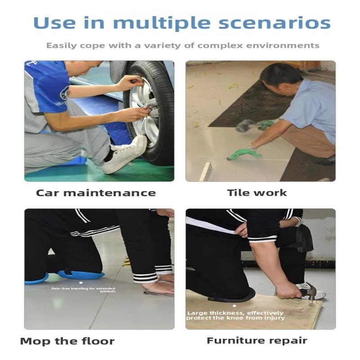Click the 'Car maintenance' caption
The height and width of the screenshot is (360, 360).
pos(96,193)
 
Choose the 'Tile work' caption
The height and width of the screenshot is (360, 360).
pos(257,193)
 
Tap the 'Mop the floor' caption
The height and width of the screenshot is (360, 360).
pos(67,341)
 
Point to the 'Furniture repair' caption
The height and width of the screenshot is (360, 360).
pos(257,341)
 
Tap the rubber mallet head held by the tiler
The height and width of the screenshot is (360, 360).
pos(243,126)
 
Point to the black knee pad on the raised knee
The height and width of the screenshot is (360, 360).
pos(304,238)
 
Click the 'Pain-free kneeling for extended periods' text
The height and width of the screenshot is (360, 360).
pos(83,290)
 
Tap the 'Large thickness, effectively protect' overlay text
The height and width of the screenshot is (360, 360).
pos(236,315)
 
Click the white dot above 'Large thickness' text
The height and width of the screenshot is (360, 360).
pos(234,306)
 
